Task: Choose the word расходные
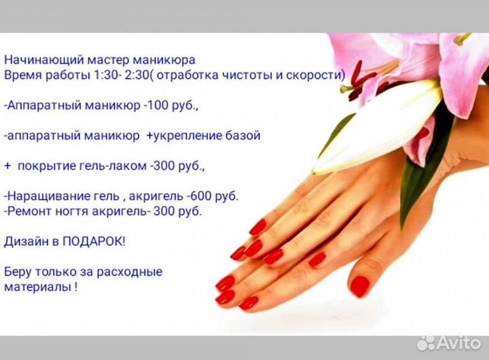pyautogui.click(x=130, y=272)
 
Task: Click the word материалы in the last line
pyautogui.click(x=37, y=287)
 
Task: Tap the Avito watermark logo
pyautogui.click(x=448, y=342)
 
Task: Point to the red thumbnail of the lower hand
pyautogui.click(x=359, y=285)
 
